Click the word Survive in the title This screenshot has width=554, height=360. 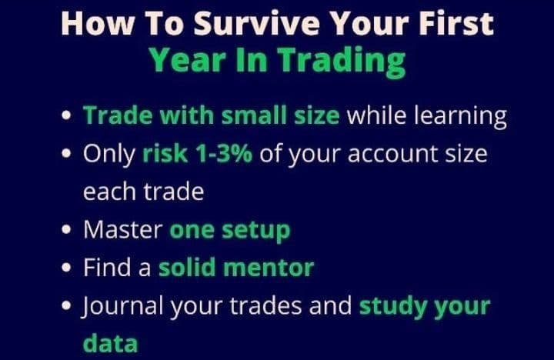(257, 23)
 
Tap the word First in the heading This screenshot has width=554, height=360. (456, 23)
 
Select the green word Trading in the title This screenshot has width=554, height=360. (342, 62)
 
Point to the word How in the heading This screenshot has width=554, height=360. (98, 23)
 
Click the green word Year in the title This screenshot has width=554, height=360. (187, 59)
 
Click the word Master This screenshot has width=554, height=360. (122, 230)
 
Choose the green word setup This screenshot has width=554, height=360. (255, 232)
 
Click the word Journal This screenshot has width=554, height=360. (122, 306)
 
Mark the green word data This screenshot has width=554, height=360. (110, 343)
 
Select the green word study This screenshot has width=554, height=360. (392, 307)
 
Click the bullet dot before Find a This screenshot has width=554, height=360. (66, 268)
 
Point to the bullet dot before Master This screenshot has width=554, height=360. (66, 229)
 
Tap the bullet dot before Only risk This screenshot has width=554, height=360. (66, 153)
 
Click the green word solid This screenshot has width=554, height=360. (187, 268)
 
